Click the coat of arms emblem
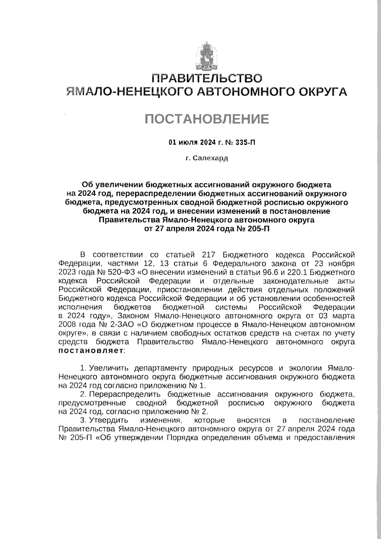[x=206, y=56]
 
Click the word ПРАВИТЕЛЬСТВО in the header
[x=206, y=78]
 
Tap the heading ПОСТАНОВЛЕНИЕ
[x=207, y=119]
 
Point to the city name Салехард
[x=211, y=158]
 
